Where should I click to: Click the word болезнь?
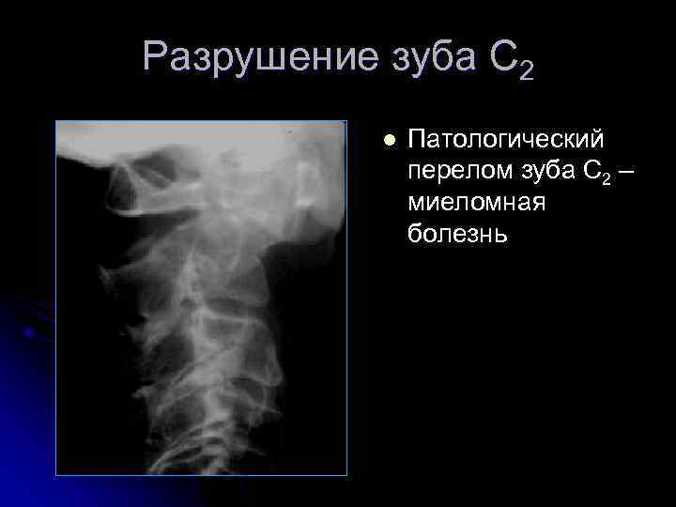457,234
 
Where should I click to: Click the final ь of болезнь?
500,235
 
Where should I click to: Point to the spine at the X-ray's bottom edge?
230,460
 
